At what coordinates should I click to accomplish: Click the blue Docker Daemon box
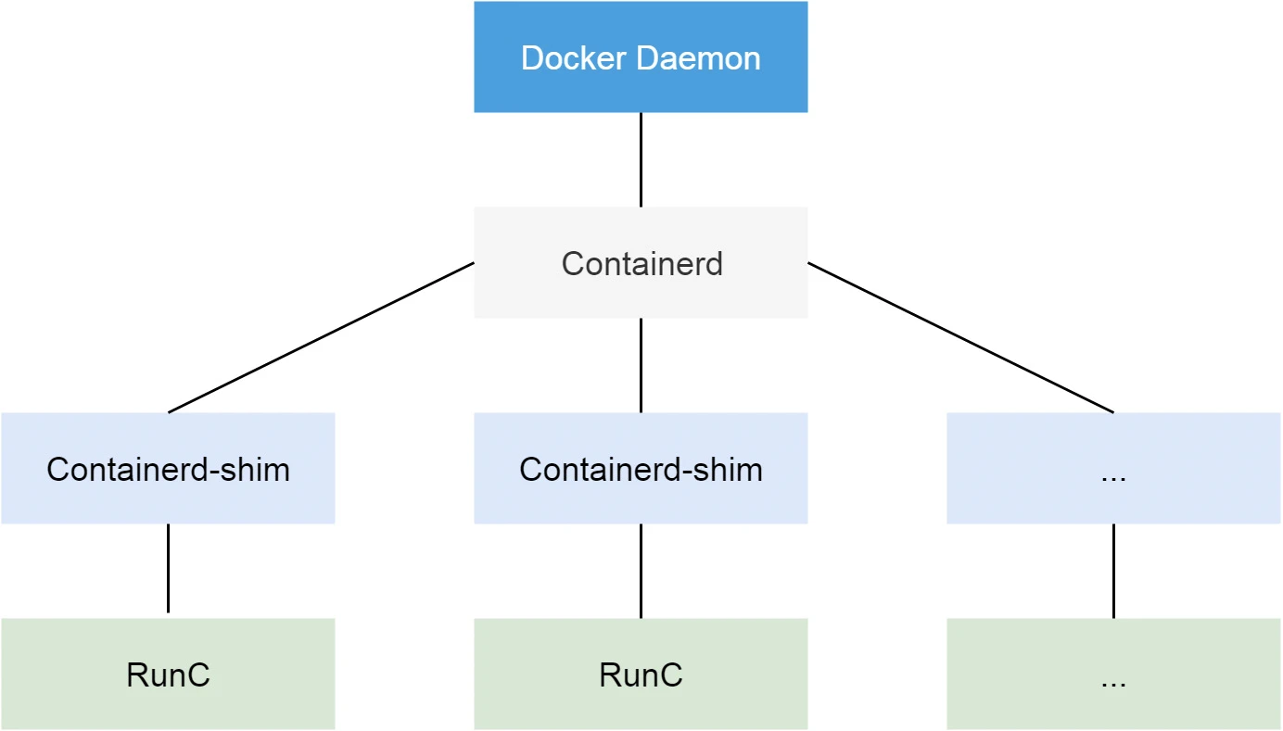pos(641,57)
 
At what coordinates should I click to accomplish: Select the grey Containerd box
pos(641,263)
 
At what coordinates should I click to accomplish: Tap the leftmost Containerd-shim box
pos(168,469)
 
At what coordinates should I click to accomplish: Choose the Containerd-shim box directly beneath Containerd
pos(641,469)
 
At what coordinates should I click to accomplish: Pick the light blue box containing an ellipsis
pos(1113,469)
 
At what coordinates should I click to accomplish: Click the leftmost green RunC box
pos(168,674)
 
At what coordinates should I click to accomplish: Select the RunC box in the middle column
pos(641,674)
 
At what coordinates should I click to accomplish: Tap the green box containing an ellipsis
pos(1113,674)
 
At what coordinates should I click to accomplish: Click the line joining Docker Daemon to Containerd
pos(641,159)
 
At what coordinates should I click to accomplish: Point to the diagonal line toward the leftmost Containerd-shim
pos(321,337)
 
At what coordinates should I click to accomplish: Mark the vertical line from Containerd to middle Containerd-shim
pos(641,365)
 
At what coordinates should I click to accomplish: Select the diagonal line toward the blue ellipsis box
pos(960,337)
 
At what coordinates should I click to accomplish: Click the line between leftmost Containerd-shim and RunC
pos(168,569)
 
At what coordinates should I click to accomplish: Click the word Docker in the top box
pos(575,58)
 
